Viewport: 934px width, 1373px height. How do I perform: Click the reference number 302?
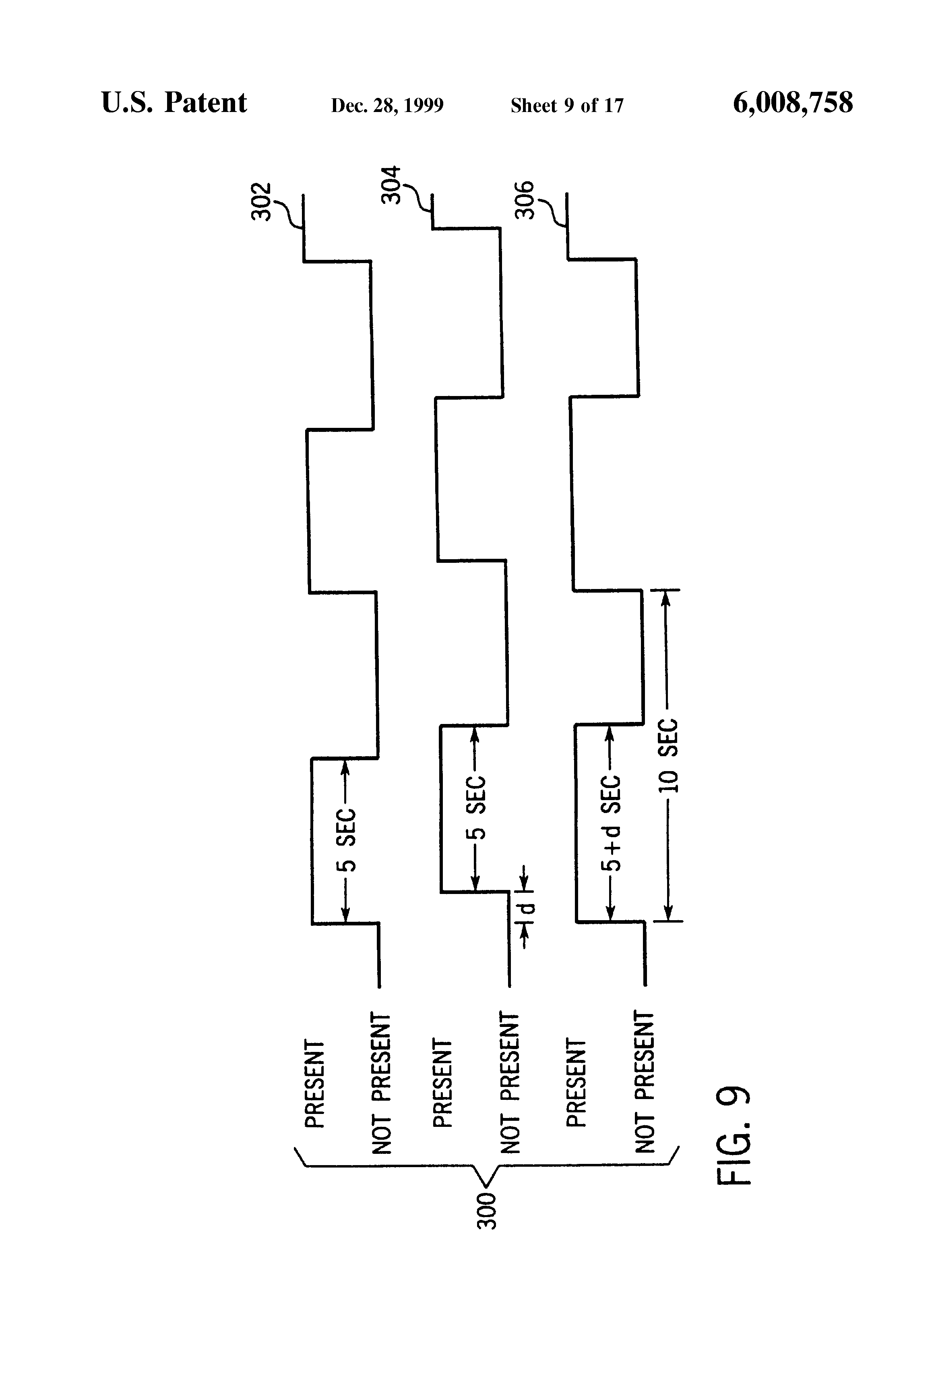click(x=261, y=201)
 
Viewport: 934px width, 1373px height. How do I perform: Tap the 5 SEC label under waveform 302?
click(x=347, y=841)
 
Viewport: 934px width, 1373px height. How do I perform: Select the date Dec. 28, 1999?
click(x=387, y=105)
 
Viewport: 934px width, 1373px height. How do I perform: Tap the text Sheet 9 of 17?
click(x=567, y=105)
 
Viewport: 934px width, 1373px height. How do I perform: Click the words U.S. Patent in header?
click(x=174, y=102)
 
